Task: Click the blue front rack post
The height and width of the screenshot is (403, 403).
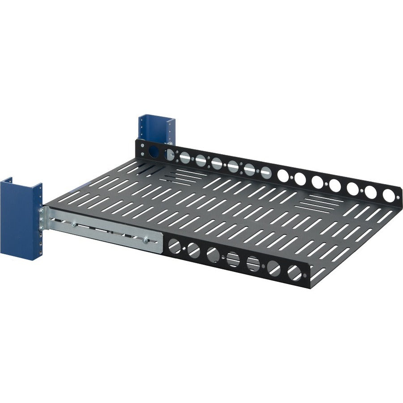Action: [20, 219]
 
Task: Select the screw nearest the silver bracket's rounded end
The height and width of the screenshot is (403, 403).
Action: [146, 240]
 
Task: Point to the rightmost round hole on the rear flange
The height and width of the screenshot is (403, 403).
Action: [388, 196]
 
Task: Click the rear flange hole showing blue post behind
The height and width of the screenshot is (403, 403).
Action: [154, 151]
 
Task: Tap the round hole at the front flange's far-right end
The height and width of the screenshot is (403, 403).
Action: [294, 272]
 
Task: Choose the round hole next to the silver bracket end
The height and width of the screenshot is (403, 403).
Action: [174, 245]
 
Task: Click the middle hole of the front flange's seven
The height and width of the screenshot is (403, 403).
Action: [233, 259]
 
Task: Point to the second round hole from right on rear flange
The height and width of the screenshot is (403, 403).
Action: [370, 192]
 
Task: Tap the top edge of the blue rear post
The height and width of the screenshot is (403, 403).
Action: [156, 116]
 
